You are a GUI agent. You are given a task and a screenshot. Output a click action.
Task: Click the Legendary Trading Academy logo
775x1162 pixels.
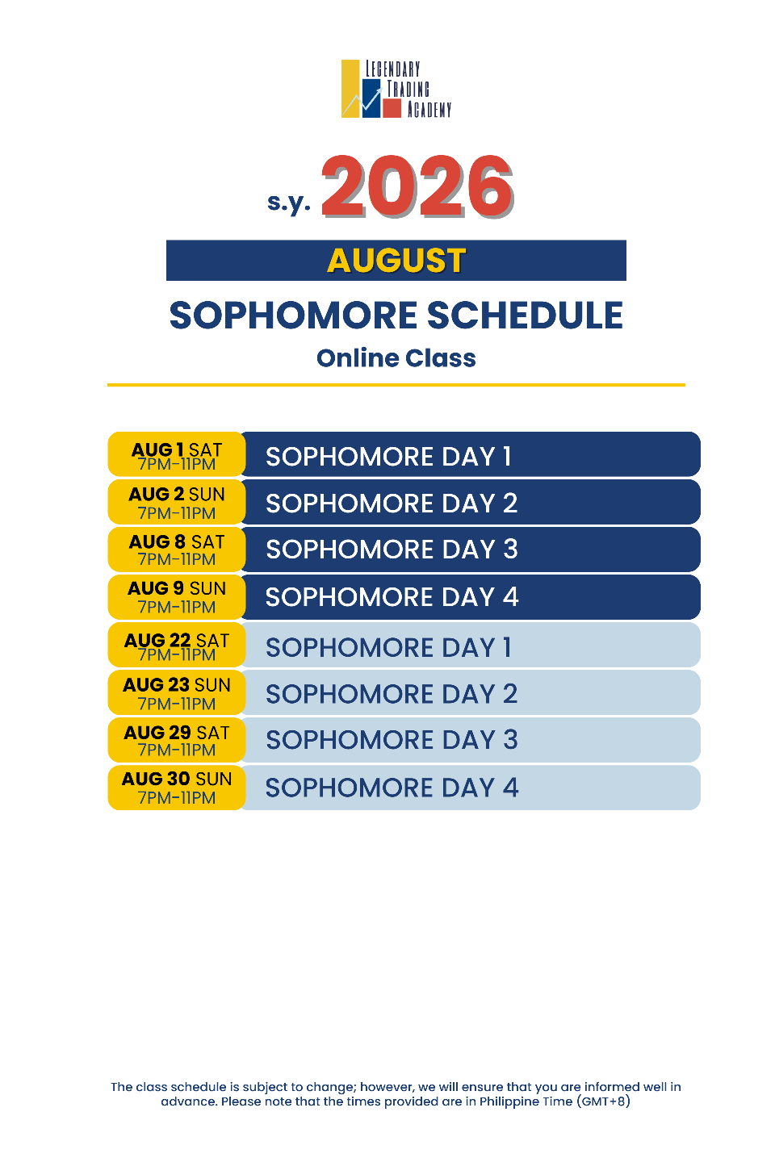pyautogui.click(x=396, y=89)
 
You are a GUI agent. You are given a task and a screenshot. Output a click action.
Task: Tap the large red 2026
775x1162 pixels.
pyautogui.click(x=418, y=186)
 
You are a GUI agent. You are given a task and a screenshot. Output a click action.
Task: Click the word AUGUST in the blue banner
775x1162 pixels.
pyautogui.click(x=396, y=261)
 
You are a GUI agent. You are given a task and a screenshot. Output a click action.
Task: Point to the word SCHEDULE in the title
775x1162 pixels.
pyautogui.click(x=525, y=316)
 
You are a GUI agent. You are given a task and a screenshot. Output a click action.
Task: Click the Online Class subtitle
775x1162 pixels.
pyautogui.click(x=396, y=358)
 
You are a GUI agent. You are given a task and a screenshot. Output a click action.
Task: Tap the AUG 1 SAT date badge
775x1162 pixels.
pyautogui.click(x=177, y=454)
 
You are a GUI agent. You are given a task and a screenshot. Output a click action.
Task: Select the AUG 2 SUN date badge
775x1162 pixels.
pyautogui.click(x=177, y=502)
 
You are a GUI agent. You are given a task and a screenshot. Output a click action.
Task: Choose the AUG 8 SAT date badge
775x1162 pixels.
pyautogui.click(x=177, y=550)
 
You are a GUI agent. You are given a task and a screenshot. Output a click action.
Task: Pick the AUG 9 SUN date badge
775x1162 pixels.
pyautogui.click(x=177, y=597)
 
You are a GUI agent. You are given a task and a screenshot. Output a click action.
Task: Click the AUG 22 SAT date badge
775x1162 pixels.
pyautogui.click(x=177, y=645)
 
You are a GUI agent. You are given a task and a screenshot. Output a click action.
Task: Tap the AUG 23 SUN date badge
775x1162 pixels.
pyautogui.click(x=177, y=692)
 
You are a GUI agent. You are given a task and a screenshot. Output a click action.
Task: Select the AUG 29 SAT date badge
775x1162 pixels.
pyautogui.click(x=177, y=740)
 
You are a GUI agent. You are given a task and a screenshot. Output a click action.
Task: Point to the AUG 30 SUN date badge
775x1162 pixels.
pyautogui.click(x=177, y=788)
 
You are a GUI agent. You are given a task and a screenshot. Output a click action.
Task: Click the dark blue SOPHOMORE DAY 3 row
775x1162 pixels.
pyautogui.click(x=471, y=550)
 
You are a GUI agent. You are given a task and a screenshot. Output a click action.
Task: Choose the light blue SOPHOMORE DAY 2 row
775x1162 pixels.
pyautogui.click(x=471, y=692)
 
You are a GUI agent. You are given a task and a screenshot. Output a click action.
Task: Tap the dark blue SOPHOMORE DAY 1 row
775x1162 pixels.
pyautogui.click(x=471, y=454)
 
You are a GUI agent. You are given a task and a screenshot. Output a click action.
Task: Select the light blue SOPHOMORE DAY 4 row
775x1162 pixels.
pyautogui.click(x=471, y=788)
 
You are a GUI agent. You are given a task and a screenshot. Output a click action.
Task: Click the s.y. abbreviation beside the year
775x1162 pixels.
pyautogui.click(x=289, y=203)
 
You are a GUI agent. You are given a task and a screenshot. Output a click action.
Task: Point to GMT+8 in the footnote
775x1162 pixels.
pyautogui.click(x=603, y=1101)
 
